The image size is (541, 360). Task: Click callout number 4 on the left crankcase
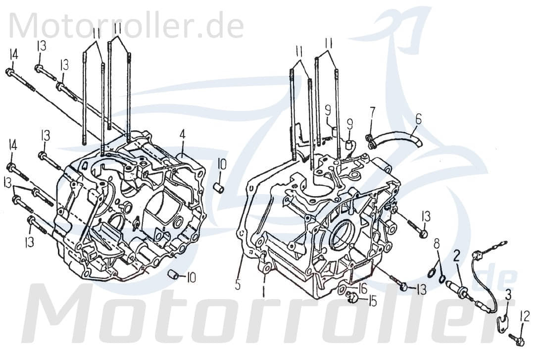[183, 134]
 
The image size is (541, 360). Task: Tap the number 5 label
[238, 285]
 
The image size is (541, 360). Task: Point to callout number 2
[457, 256]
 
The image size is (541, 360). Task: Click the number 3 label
[508, 298]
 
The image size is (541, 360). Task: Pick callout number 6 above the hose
[418, 118]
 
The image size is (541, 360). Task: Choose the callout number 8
[436, 244]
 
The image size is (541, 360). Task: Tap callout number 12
[525, 315]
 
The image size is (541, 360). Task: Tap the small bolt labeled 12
[518, 339]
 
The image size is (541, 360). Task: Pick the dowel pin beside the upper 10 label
[218, 188]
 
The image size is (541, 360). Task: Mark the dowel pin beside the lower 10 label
[173, 274]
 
